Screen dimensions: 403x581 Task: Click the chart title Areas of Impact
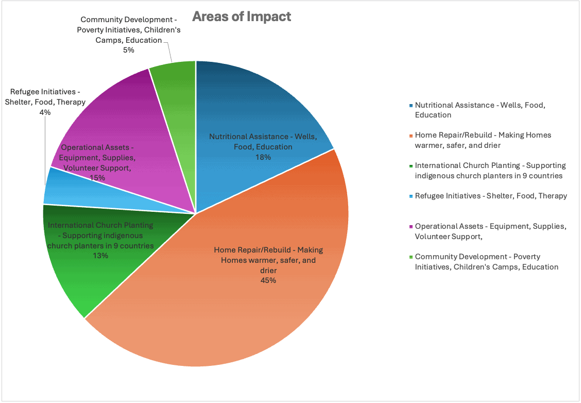click(x=242, y=16)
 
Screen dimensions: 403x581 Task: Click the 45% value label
click(x=268, y=280)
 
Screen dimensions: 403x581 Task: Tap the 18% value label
click(x=263, y=157)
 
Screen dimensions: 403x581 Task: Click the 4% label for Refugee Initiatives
click(x=45, y=112)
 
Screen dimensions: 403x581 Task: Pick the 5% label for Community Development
click(x=128, y=50)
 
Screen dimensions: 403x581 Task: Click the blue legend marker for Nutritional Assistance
click(x=411, y=105)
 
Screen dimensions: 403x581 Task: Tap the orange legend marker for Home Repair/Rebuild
click(x=411, y=136)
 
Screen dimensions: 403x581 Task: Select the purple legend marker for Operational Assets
click(x=411, y=226)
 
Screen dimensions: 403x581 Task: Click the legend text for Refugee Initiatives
click(x=491, y=196)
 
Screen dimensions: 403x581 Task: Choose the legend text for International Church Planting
click(x=490, y=171)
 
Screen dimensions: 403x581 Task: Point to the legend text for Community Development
click(x=486, y=262)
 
